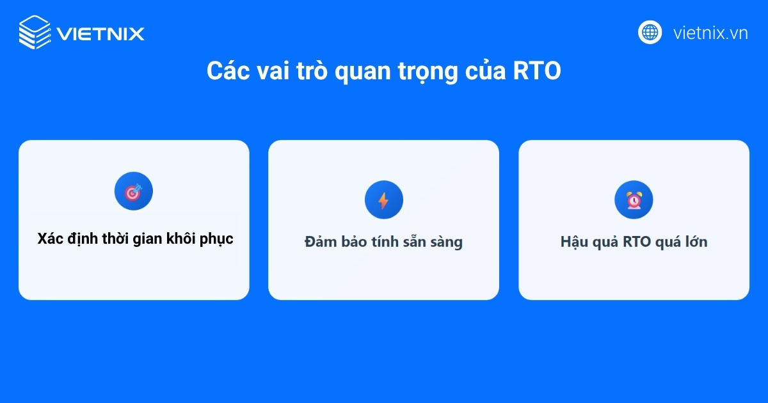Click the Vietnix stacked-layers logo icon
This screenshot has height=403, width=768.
click(34, 32)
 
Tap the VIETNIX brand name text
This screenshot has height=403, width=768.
click(100, 33)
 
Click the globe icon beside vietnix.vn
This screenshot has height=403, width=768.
click(650, 32)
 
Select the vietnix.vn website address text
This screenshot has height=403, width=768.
click(710, 33)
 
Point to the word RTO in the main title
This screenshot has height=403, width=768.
click(537, 72)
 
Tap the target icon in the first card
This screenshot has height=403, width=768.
click(134, 191)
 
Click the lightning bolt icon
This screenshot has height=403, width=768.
click(383, 200)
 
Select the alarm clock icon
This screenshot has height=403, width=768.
click(634, 200)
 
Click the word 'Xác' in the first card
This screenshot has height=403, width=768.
click(49, 239)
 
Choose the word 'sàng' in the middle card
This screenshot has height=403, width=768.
click(445, 243)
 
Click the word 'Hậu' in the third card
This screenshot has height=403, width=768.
click(574, 242)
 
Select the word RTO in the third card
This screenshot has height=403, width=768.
click(637, 242)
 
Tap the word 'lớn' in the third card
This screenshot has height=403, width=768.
click(695, 242)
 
